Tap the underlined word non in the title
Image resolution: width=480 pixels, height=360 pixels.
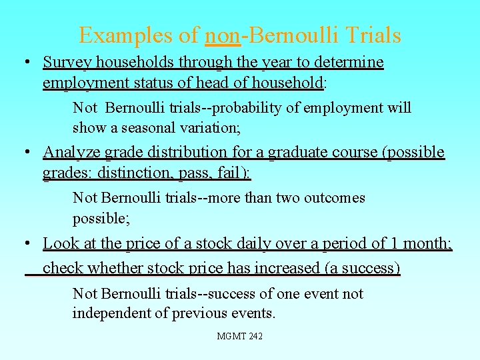(223, 35)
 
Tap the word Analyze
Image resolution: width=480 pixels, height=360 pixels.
(69, 153)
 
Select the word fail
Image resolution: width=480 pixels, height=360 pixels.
(233, 173)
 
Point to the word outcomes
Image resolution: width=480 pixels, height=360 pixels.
(334, 198)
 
